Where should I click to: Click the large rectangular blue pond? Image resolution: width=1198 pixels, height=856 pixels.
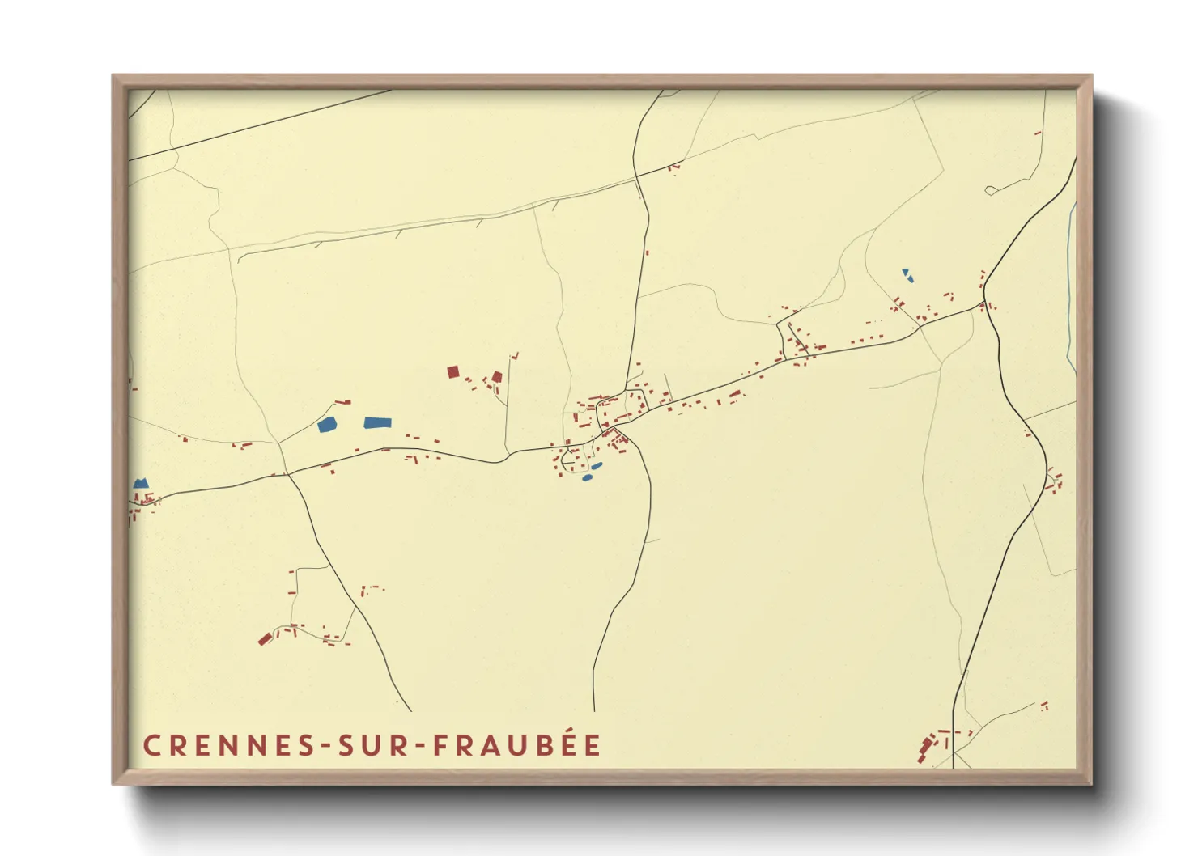click(377, 422)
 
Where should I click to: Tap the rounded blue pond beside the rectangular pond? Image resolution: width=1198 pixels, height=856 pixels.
click(328, 425)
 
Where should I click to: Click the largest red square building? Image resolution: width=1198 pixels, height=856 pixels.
click(453, 372)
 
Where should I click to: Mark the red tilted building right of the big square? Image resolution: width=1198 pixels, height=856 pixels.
click(497, 377)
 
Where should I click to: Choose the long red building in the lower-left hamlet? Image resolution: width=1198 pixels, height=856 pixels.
click(264, 639)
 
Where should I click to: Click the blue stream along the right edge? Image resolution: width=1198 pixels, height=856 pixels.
click(1071, 283)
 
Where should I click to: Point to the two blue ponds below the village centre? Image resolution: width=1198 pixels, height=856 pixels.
click(593, 472)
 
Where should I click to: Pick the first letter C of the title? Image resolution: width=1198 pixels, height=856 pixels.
click(151, 746)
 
